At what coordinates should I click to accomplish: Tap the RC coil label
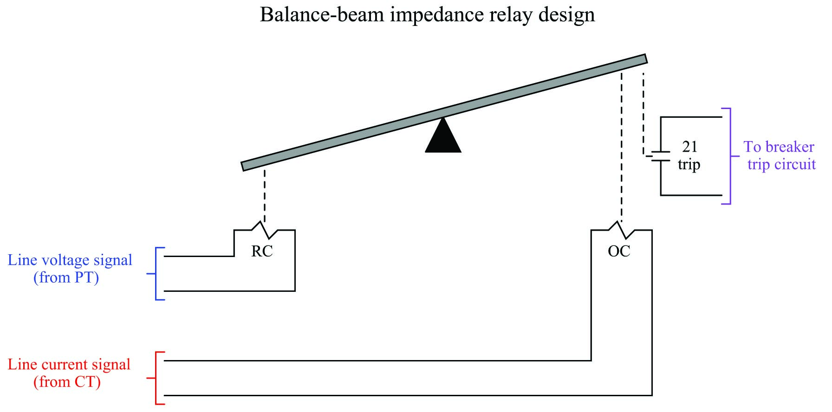point(262,251)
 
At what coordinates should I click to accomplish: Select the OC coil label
point(619,251)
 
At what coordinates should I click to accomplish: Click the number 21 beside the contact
point(689,147)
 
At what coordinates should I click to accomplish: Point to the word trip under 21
point(689,164)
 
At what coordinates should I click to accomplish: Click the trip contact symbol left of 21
point(660,156)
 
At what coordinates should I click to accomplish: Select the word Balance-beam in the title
point(322,15)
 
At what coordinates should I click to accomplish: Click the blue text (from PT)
point(66,277)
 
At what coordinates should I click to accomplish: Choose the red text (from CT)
point(67,382)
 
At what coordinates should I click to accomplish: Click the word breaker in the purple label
point(790,147)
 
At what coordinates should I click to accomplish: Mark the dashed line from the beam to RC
point(265,195)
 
